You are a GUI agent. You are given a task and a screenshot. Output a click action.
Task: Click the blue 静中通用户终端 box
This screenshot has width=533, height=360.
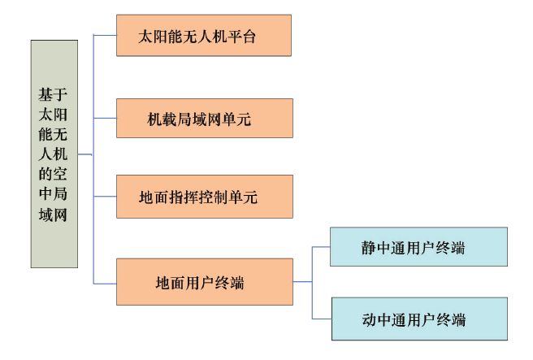(x=418, y=247)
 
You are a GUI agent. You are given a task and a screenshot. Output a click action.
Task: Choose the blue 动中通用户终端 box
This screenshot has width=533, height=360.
(x=418, y=319)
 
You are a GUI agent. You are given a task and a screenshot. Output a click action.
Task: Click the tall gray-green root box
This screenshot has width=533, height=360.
(x=54, y=154)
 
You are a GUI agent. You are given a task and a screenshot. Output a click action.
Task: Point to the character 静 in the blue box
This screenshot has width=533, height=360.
(x=370, y=248)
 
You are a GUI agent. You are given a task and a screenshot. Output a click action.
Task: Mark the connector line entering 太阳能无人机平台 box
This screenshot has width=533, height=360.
(x=105, y=35)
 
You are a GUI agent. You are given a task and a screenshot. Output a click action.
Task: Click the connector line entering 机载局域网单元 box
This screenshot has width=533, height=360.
(x=105, y=118)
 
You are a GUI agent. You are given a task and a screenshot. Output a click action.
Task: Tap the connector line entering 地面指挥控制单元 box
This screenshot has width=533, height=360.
(x=105, y=197)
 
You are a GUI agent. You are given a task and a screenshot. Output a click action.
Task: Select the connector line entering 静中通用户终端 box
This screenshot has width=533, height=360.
(x=321, y=246)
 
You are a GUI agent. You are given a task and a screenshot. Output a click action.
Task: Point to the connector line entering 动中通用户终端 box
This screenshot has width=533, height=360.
(x=321, y=318)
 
